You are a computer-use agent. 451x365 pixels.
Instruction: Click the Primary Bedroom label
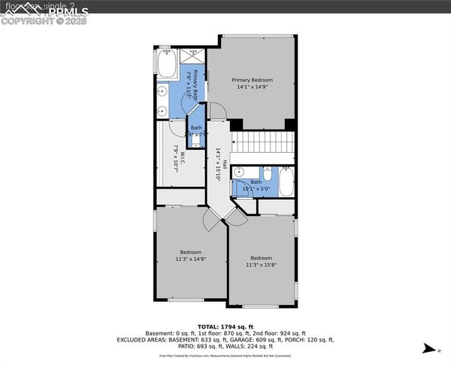coord(251,80)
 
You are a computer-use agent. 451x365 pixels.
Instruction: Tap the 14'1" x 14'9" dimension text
coord(251,87)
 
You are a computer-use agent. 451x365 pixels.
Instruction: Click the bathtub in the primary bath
coord(167,65)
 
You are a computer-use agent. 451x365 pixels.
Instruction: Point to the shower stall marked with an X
coord(191,56)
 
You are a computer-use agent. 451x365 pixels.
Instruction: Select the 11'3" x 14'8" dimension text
coord(191,259)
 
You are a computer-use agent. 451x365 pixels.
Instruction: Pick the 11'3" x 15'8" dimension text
coord(261,265)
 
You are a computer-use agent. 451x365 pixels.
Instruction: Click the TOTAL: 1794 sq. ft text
coord(225,326)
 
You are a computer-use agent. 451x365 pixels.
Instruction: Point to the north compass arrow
coord(429,348)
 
